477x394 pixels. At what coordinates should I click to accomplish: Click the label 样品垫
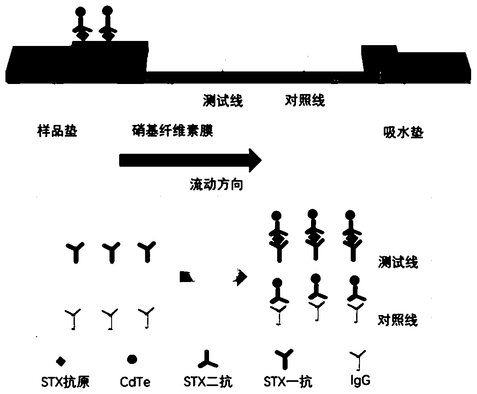pos(57,132)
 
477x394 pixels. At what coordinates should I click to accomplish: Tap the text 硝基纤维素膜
pos(171,132)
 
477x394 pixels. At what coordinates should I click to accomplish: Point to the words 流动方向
pos(216,185)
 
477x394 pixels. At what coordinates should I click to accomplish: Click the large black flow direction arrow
pos(190,160)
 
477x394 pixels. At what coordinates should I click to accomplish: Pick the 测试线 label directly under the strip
pos(222,101)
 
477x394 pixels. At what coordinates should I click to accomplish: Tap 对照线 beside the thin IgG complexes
pos(398,320)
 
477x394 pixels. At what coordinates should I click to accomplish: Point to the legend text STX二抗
pos(208,381)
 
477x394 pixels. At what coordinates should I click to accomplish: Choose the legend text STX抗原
pos(61,381)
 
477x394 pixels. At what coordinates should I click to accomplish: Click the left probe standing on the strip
pos(81,25)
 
